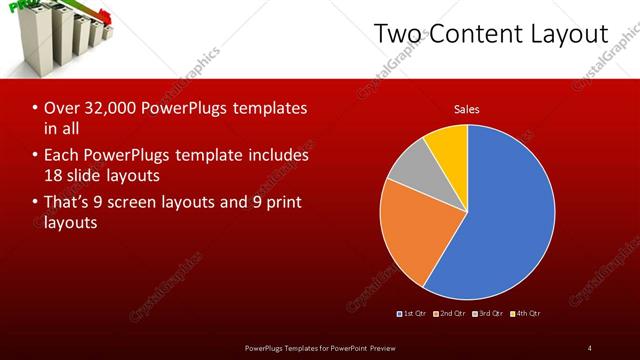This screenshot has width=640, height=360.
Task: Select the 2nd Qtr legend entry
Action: (452, 314)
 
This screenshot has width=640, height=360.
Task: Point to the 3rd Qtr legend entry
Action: (489, 314)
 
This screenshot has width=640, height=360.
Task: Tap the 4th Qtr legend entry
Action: (526, 314)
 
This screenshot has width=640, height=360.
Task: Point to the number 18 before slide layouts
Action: (54, 176)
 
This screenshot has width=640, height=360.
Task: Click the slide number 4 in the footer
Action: (589, 347)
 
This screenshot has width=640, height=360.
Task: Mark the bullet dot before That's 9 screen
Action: (35, 203)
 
